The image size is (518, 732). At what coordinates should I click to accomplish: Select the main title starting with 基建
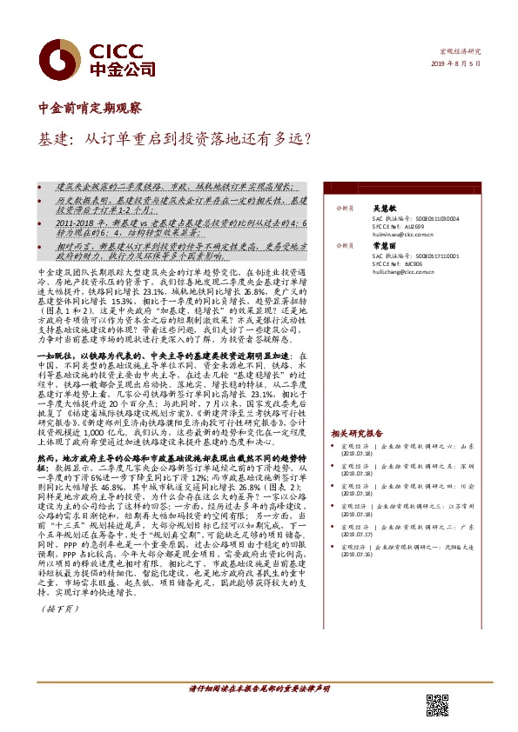click(x=175, y=137)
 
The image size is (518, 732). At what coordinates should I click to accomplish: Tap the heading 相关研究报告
click(x=357, y=433)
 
